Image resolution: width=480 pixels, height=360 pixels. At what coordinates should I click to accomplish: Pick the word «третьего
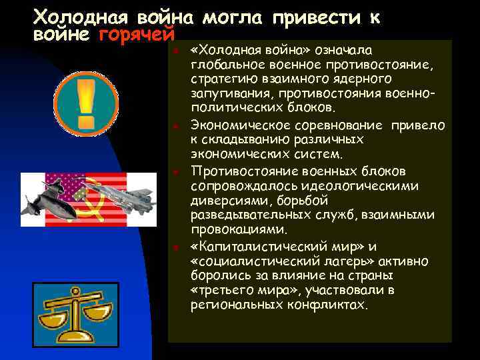pyautogui.click(x=219, y=291)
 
